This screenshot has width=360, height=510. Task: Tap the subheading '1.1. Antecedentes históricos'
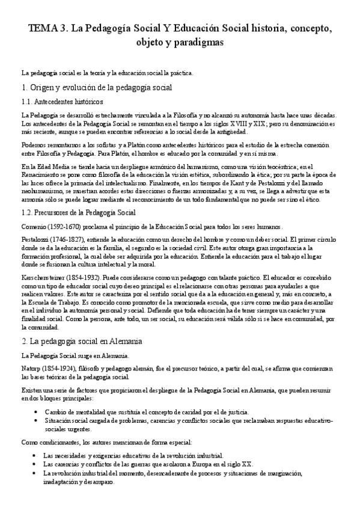click(x=62, y=102)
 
